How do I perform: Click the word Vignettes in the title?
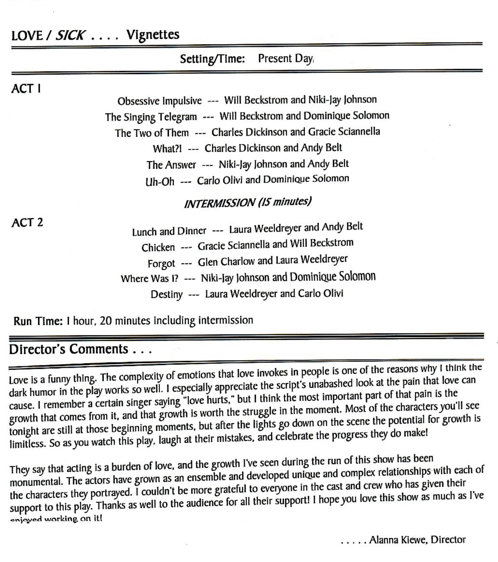tap(153, 35)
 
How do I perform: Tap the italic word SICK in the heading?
tap(70, 36)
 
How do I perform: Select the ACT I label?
tap(26, 89)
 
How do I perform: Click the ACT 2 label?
tap(27, 223)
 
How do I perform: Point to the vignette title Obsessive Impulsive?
tap(160, 101)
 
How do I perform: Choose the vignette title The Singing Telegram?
tap(151, 117)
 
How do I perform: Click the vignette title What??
tap(167, 149)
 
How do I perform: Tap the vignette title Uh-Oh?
tap(160, 182)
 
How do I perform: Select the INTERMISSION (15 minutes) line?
tap(248, 202)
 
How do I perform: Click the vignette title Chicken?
tap(158, 248)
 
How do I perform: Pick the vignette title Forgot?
tap(161, 263)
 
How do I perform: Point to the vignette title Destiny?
tap(167, 294)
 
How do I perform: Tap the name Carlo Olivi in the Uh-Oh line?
tap(220, 180)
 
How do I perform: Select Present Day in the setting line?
tap(285, 58)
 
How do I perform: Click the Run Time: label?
tap(38, 321)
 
